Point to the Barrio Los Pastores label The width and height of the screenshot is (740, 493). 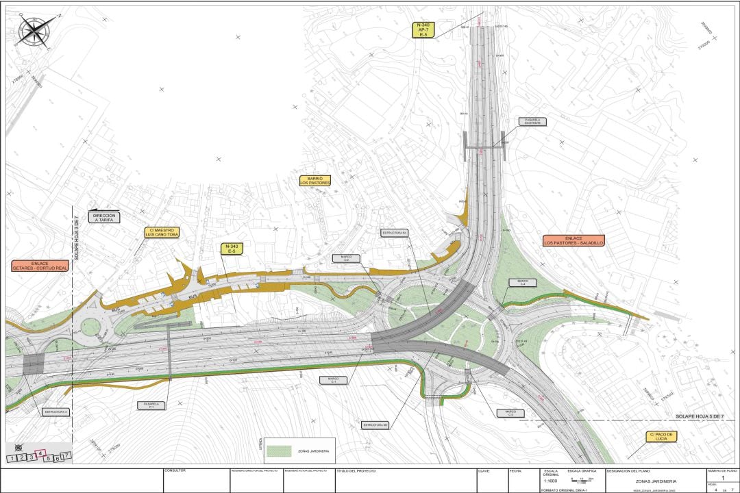click(315, 181)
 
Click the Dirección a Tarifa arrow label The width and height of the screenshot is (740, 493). click(104, 217)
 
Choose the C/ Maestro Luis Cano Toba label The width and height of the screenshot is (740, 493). click(162, 233)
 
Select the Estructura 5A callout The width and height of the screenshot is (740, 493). click(395, 233)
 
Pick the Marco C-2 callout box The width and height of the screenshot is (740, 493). click(347, 259)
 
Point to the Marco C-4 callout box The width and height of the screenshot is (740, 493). click(522, 282)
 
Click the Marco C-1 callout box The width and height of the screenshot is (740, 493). click(334, 379)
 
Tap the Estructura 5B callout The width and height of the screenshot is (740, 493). click(376, 425)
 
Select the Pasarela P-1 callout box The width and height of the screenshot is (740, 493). click(151, 405)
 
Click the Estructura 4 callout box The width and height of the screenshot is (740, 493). click(57, 412)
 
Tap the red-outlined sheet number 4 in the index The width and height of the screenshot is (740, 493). click(40, 453)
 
